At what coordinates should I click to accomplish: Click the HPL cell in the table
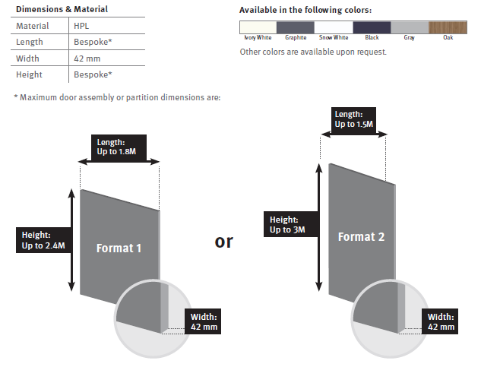pyautogui.click(x=81, y=26)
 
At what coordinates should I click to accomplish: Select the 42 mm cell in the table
pyautogui.click(x=87, y=59)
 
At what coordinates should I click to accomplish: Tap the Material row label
pyautogui.click(x=32, y=26)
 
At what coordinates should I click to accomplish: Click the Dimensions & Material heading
pyautogui.click(x=62, y=9)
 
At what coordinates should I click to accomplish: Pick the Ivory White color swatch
pyautogui.click(x=258, y=27)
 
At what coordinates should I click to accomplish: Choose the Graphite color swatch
pyautogui.click(x=296, y=27)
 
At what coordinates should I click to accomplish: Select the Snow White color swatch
pyautogui.click(x=334, y=27)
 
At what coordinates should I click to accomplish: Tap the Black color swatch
pyautogui.click(x=372, y=27)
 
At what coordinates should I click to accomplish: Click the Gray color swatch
pyautogui.click(x=410, y=27)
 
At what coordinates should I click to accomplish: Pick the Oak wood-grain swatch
pyautogui.click(x=448, y=27)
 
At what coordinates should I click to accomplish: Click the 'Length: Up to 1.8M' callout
pyautogui.click(x=119, y=147)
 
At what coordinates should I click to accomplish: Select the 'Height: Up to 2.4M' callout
pyautogui.click(x=43, y=240)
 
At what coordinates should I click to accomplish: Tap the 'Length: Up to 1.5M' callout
pyautogui.click(x=353, y=120)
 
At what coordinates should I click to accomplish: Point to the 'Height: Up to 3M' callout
pyautogui.click(x=291, y=224)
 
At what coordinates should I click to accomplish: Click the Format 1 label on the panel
pyautogui.click(x=119, y=248)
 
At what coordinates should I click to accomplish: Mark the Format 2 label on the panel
pyautogui.click(x=361, y=236)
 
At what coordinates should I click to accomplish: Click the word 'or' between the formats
pyautogui.click(x=223, y=242)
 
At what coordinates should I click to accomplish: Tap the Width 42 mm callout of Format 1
pyautogui.click(x=203, y=321)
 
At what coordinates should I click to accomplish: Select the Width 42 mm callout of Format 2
pyautogui.click(x=440, y=321)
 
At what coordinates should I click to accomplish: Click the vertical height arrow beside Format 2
pyautogui.click(x=319, y=227)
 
